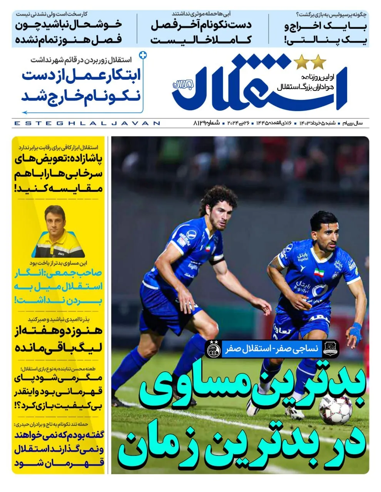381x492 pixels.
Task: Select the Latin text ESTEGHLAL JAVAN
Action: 87,123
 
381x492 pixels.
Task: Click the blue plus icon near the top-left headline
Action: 143,55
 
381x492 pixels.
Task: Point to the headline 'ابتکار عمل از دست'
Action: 81,75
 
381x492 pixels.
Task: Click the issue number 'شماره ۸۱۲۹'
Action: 206,123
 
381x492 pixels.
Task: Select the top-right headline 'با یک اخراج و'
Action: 326,27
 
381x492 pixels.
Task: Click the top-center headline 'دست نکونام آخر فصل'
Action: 201,25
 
